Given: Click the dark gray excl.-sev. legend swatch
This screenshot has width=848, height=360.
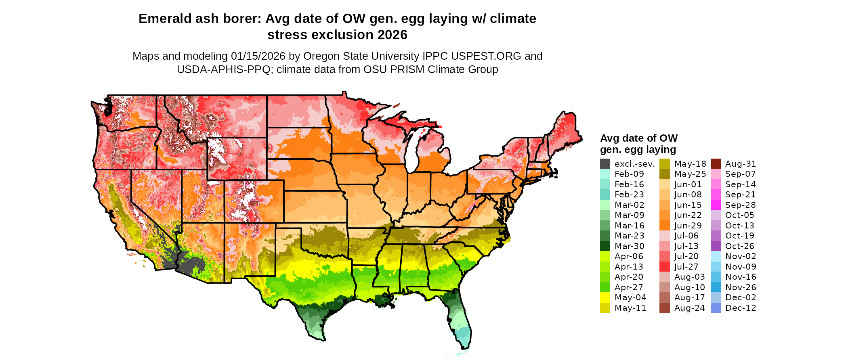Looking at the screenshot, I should coord(605,164).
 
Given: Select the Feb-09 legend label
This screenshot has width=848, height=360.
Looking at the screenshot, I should coord(629,174).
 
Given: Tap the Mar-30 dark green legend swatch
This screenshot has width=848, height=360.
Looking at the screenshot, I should coord(605,246).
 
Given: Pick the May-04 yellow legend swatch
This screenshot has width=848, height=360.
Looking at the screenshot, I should coord(605,297).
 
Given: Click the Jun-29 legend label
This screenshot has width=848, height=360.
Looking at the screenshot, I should coord(688,226).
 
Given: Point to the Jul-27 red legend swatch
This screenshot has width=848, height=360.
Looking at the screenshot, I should coord(665,267).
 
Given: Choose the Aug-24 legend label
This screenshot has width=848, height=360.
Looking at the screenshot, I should coord(689,308).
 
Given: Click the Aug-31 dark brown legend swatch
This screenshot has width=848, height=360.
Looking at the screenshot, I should coord(716,164).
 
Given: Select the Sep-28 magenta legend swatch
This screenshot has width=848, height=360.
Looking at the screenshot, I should coord(716,205).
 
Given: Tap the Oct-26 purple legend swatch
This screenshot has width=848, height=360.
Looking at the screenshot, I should coord(716,246).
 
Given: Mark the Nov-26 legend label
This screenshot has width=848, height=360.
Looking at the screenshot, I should coord(741,287).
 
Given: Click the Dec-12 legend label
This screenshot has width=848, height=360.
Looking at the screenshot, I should coord(741,308).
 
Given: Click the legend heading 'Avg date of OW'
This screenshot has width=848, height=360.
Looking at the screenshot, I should coord(639,138).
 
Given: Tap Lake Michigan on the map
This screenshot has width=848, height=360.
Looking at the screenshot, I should coord(412,149).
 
